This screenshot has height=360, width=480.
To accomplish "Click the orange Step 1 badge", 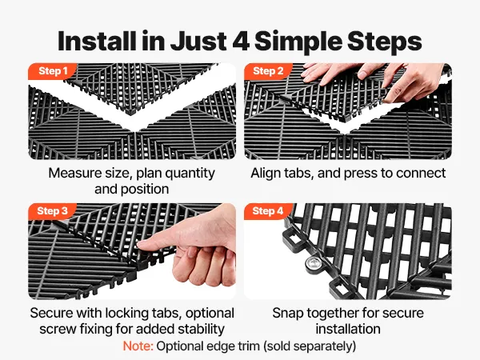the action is pyautogui.click(x=52, y=71).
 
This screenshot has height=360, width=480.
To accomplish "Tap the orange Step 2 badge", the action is pyautogui.click(x=268, y=71).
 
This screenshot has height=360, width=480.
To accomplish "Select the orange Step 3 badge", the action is pyautogui.click(x=52, y=211).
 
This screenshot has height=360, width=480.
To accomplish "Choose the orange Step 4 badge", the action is pyautogui.click(x=268, y=211).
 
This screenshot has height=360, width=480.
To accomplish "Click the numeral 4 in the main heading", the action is pyautogui.click(x=241, y=42).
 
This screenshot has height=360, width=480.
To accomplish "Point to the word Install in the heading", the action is pyautogui.click(x=97, y=41).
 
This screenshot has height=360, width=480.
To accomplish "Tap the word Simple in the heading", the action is pyautogui.click(x=298, y=42).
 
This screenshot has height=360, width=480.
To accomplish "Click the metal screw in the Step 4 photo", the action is pyautogui.click(x=313, y=263).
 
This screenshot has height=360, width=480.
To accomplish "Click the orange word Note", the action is pyautogui.click(x=138, y=346).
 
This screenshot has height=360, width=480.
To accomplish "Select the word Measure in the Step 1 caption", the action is pyautogui.click(x=75, y=174).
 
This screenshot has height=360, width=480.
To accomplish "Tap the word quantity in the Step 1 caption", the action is pyautogui.click(x=190, y=174).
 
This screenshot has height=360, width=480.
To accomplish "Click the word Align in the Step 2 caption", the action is pyautogui.click(x=266, y=174).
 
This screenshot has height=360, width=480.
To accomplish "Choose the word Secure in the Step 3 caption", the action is pyautogui.click(x=51, y=313).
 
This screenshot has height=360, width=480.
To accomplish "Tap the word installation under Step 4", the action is pyautogui.click(x=348, y=330).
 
